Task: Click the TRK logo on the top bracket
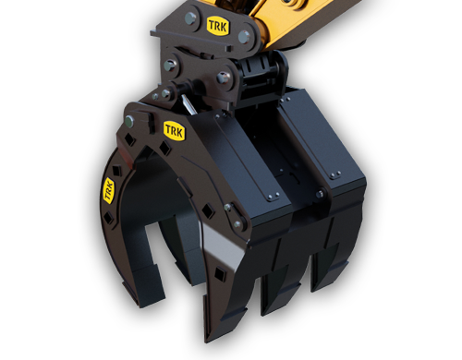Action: pos(218,26)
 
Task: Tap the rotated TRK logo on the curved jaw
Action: pos(108,191)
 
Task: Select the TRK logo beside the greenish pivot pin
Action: pos(175,131)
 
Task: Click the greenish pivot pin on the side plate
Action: pos(130,121)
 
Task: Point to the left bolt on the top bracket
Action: pos(191,18)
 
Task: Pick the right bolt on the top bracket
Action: pos(244,37)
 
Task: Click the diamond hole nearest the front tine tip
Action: pos(219,273)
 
